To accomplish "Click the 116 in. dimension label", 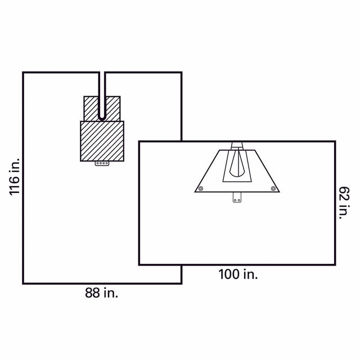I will (15, 177).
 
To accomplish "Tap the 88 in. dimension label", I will (102, 292).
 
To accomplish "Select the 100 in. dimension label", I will (238, 274).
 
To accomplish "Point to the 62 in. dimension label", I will (344, 203).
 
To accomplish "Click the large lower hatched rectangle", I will (102, 141).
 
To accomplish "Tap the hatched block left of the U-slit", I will (91, 108).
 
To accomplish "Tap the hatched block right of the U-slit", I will (113, 108).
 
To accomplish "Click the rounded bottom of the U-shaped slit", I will (102, 117).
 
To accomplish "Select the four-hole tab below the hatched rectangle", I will (102, 164).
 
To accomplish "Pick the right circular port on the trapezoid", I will (272, 188).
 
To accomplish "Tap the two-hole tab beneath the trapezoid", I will (237, 198).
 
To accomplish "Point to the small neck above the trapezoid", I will (236, 145).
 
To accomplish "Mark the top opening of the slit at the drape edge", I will (102, 73).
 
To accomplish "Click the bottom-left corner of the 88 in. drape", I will (23, 282).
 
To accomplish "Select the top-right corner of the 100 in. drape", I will (335, 142).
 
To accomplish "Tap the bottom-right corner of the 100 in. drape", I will (335, 264).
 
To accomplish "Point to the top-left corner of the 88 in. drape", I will (23, 73).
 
